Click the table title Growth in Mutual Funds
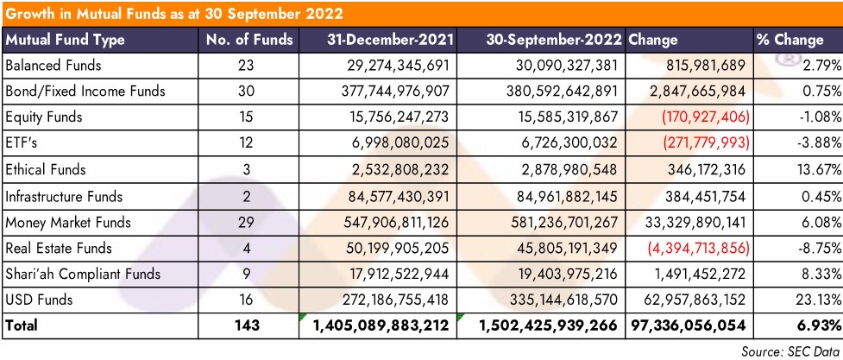(x=173, y=14)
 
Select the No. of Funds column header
(x=249, y=40)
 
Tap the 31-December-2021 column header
(x=388, y=40)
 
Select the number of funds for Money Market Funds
(x=249, y=223)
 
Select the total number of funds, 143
(x=249, y=327)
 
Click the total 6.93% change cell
(x=815, y=327)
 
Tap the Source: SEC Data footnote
(x=790, y=350)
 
